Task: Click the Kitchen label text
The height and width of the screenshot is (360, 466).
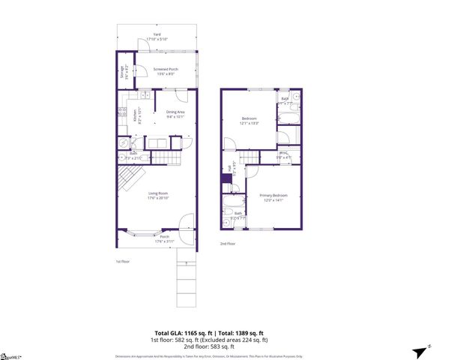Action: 136,115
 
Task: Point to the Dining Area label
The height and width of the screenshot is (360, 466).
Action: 175,114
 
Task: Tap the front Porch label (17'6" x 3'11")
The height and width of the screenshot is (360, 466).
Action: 164,239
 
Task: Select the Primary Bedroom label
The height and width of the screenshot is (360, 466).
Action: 271,199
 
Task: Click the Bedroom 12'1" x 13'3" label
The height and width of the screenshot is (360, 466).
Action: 249,121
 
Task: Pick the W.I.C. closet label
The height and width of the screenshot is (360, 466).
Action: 284,156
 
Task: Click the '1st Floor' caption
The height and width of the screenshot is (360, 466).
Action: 123,261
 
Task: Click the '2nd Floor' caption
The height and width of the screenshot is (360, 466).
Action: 227,244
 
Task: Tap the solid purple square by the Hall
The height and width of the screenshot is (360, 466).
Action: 225,178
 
